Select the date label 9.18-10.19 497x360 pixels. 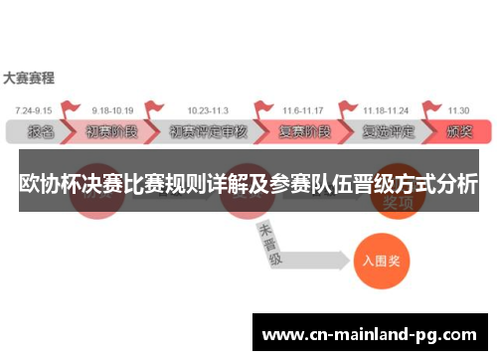(x=113, y=109)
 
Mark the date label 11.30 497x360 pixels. (x=458, y=109)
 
